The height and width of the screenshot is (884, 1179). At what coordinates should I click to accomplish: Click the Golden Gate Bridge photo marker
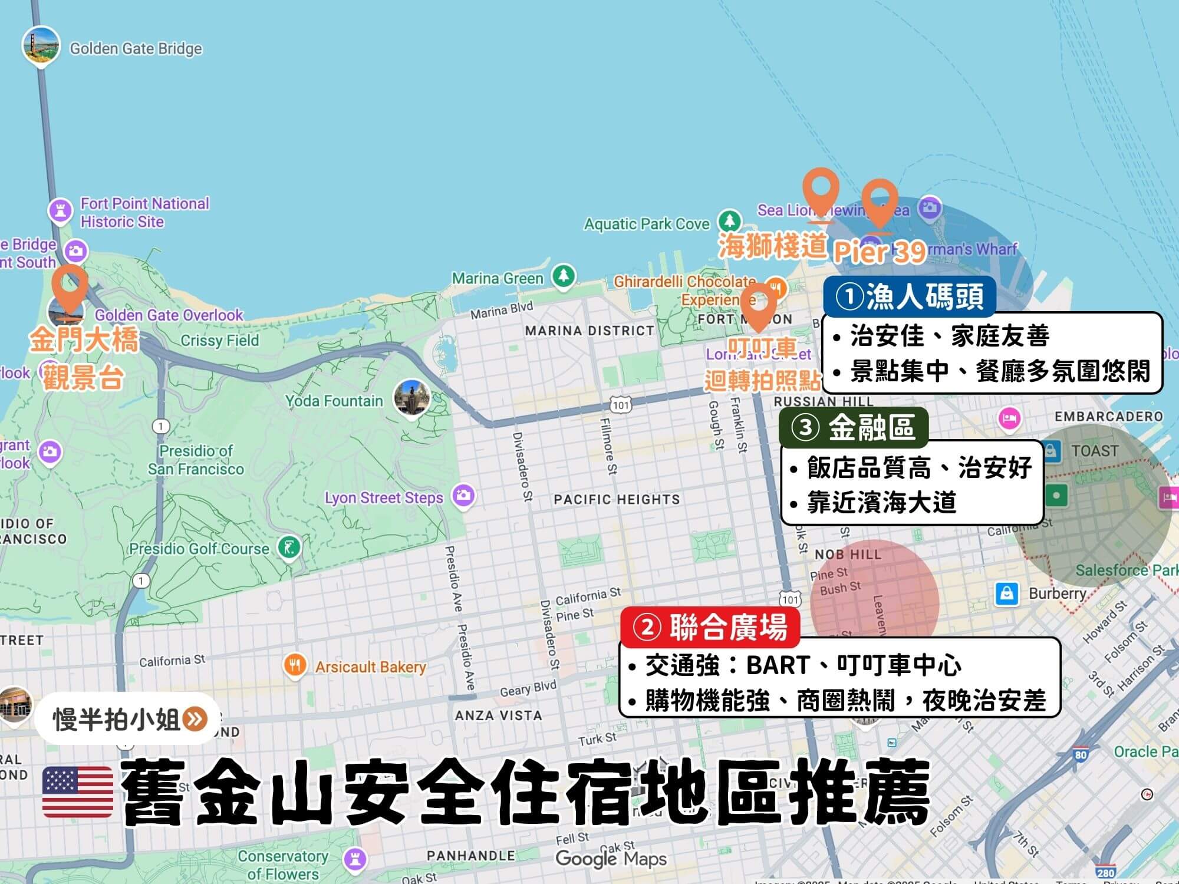click(41, 46)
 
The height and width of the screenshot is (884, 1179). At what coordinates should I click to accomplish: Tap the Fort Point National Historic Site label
click(144, 213)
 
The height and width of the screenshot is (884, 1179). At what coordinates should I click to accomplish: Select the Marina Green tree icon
click(564, 276)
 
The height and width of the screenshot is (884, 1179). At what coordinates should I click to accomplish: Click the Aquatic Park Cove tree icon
click(730, 222)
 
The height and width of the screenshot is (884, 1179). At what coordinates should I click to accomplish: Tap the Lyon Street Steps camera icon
click(464, 495)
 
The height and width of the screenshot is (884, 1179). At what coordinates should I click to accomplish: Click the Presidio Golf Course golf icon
click(289, 548)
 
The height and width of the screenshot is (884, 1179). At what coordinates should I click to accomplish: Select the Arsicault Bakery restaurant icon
click(294, 665)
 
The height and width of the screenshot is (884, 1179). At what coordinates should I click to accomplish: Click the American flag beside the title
click(78, 792)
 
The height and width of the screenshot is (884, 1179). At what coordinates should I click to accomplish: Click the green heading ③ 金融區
click(854, 428)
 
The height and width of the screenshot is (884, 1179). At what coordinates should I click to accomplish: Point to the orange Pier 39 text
click(878, 252)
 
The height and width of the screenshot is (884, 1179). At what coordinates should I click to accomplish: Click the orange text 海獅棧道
click(772, 247)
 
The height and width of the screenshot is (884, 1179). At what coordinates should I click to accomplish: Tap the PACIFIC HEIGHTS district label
click(617, 500)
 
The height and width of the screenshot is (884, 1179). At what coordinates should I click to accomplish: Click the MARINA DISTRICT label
click(589, 331)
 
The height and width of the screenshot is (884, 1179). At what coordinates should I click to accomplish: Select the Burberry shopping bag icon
click(1007, 593)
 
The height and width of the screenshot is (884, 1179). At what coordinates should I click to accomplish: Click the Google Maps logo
click(611, 859)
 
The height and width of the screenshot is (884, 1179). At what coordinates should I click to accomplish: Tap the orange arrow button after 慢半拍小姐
click(195, 719)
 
